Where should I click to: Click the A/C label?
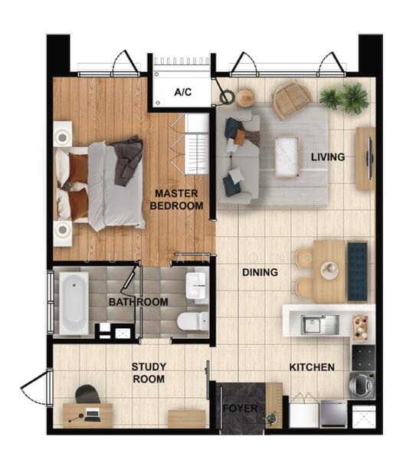(182, 92)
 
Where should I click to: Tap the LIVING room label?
(328, 157)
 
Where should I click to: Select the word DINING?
(260, 272)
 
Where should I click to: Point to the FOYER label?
(240, 409)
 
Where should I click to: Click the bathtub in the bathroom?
(74, 303)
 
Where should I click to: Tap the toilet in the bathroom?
(193, 320)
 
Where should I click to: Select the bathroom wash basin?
(196, 286)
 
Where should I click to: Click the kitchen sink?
(320, 324)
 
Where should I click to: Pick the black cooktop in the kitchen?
(363, 358)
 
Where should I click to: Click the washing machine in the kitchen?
(362, 385)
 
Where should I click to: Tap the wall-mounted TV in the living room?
(370, 159)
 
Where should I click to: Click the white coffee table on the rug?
(287, 157)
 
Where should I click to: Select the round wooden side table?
(245, 97)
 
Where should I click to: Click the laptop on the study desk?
(92, 415)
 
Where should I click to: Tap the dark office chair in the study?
(87, 394)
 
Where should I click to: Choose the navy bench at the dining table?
(357, 271)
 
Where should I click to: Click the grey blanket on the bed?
(127, 160)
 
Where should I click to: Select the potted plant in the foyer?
(270, 418)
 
